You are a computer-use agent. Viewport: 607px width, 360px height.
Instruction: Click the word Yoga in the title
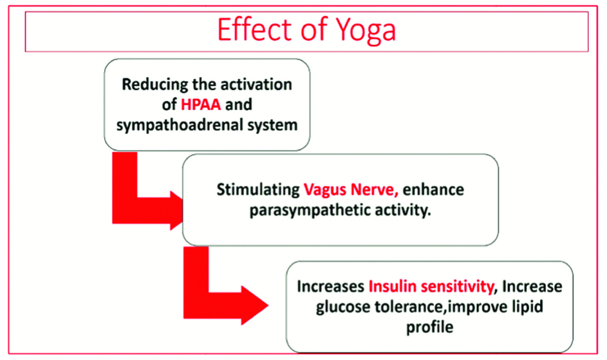click(x=366, y=31)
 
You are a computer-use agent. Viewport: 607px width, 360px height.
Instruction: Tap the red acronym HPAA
click(x=201, y=104)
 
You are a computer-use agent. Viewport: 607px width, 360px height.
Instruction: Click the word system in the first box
click(x=272, y=125)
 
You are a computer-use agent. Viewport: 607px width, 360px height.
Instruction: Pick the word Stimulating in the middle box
click(x=258, y=190)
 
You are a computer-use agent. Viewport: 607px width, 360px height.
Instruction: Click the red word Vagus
click(x=325, y=190)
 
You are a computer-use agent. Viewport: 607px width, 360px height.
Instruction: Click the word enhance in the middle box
click(x=433, y=190)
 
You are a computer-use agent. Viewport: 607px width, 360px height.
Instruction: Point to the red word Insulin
click(x=392, y=287)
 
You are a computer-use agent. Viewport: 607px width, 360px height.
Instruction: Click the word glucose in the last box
click(x=343, y=307)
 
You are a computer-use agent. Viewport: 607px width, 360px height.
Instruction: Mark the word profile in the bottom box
click(x=429, y=327)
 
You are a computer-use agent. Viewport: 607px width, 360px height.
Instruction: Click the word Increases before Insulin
click(x=331, y=287)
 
